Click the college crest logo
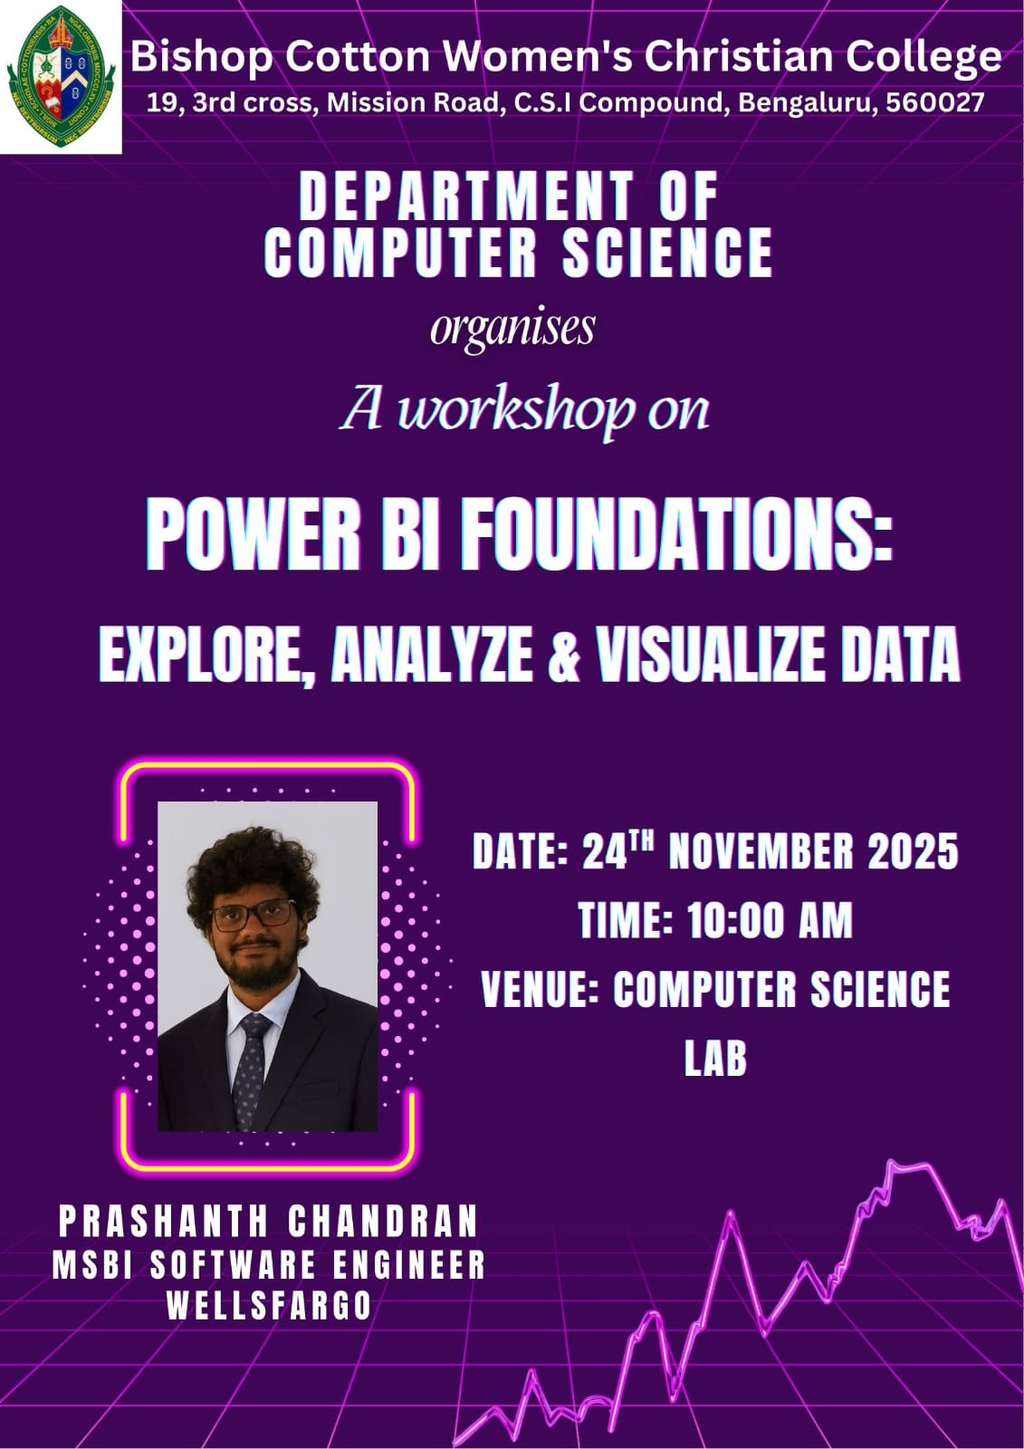pyautogui.click(x=61, y=76)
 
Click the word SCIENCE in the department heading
pyautogui.click(x=667, y=253)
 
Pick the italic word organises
pyautogui.click(x=512, y=330)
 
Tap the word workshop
pyautogui.click(x=515, y=411)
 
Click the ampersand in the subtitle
pyautogui.click(x=564, y=657)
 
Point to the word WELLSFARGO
pyautogui.click(x=269, y=1306)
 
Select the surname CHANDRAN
pyautogui.click(x=383, y=1221)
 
